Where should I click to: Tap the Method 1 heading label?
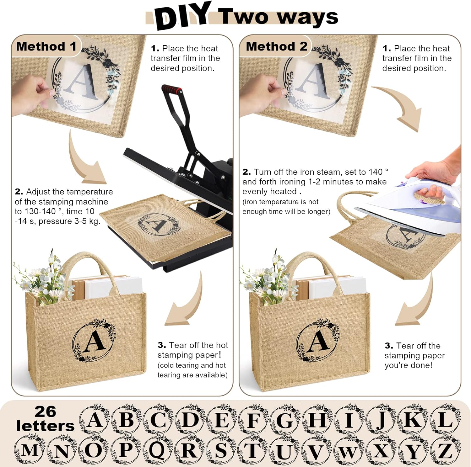pos(46,46)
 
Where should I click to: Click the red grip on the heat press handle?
pos(172,89)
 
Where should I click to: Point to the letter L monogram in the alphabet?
pos(445,419)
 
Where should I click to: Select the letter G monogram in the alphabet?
pos(285,419)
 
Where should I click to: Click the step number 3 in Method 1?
pos(162,345)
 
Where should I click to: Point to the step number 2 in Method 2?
pos(246,172)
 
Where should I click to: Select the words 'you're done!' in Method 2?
pos(408,365)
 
